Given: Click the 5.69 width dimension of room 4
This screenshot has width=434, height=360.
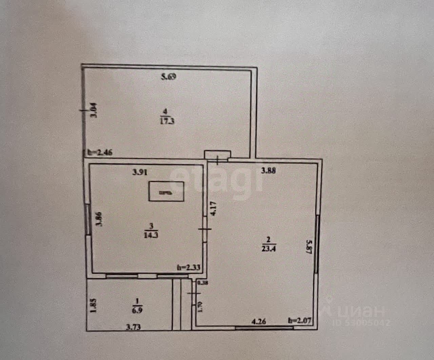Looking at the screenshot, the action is [169, 77].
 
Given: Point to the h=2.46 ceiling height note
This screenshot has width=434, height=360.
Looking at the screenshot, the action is [100, 153].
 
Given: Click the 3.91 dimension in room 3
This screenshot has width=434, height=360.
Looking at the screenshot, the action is [139, 172].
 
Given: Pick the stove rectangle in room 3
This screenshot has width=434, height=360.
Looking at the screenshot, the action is [166, 192].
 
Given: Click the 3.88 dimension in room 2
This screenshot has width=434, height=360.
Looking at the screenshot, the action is [268, 171].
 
